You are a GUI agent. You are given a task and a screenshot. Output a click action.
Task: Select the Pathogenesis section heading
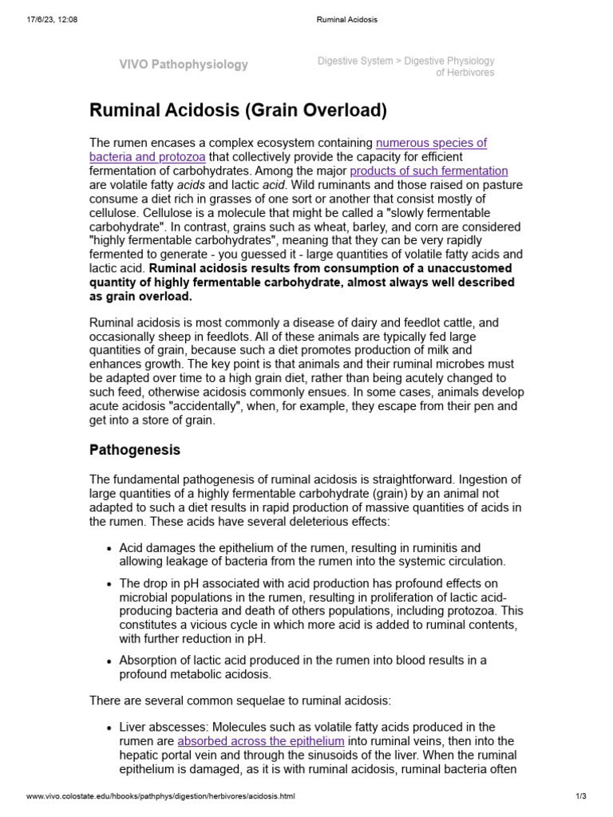click(x=134, y=450)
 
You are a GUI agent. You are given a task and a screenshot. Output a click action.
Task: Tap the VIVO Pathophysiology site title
click(x=184, y=65)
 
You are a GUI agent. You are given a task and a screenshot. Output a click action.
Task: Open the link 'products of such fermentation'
click(x=429, y=171)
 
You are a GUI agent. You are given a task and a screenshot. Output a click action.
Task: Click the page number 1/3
click(x=580, y=796)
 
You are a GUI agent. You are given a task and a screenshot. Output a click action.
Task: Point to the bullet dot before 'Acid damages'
click(x=108, y=549)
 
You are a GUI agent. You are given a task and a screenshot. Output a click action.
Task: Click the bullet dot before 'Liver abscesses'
click(x=108, y=728)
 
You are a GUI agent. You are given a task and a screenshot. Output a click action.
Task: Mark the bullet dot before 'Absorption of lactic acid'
click(x=108, y=661)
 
